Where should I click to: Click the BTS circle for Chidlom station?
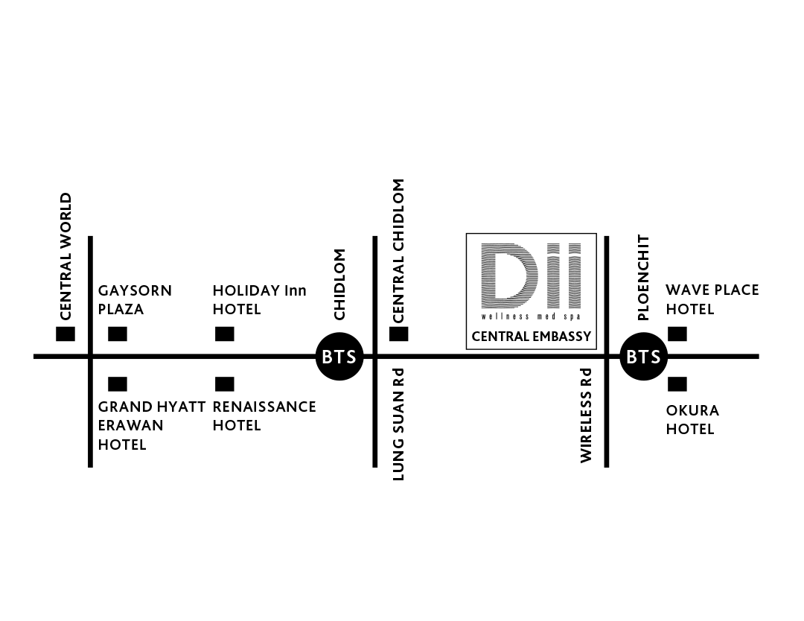tap(339, 357)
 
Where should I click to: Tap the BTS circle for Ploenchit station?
tap(643, 357)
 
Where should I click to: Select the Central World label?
tap(66, 256)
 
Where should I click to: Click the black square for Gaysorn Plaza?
tap(118, 334)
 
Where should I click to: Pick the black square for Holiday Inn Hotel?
tap(225, 334)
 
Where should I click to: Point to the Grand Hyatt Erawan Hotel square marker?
tap(118, 384)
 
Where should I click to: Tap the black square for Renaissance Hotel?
tap(225, 384)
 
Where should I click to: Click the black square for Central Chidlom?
tap(399, 334)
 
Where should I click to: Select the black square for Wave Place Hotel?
tap(677, 334)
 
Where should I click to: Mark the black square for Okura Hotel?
tap(677, 384)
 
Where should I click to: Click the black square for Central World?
tap(66, 334)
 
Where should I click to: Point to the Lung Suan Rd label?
tap(398, 424)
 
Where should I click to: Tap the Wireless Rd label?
tap(586, 415)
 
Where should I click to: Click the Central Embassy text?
tap(532, 337)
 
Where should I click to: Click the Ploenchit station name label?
tap(643, 278)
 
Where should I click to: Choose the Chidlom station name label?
tap(339, 284)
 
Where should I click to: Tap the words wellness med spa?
tap(532, 316)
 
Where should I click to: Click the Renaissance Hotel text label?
tap(264, 416)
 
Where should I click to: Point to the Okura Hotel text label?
tap(692, 419)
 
